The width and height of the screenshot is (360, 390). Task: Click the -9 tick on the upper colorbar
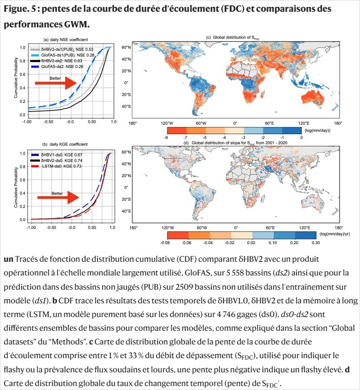tap(168, 138)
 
